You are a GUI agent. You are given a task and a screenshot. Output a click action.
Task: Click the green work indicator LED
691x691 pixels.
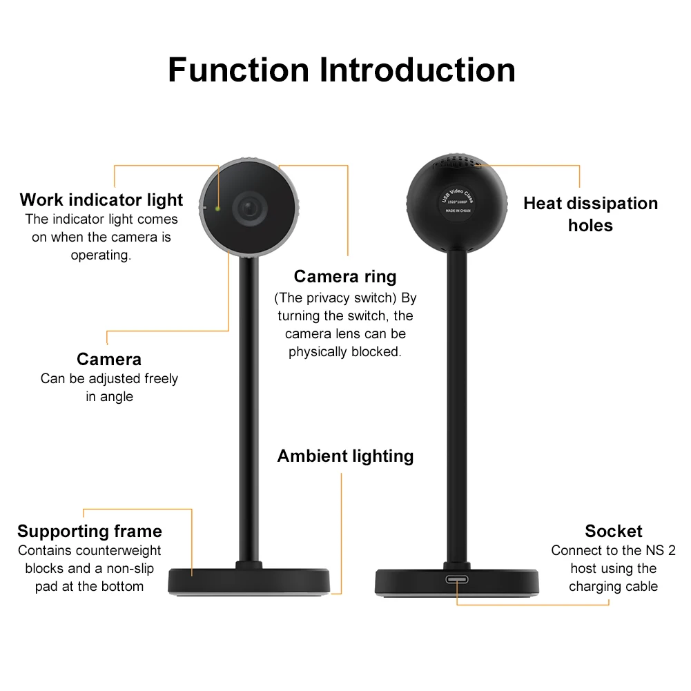217,208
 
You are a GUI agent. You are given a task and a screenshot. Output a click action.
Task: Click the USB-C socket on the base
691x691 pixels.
457,578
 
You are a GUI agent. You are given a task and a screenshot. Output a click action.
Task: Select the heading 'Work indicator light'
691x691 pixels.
101,200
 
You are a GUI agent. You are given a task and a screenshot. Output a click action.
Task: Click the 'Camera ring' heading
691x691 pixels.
345,277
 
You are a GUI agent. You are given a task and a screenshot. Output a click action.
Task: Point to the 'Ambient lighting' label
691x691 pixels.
345,456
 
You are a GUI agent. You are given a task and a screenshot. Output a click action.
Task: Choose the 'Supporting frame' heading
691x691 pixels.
90,532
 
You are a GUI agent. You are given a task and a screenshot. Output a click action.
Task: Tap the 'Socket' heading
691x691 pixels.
613,532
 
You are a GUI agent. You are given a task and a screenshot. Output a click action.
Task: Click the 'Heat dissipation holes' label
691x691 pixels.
590,214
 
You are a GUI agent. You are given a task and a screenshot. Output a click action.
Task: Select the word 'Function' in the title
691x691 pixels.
238,70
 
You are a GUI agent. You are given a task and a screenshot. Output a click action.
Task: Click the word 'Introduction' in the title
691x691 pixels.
417,70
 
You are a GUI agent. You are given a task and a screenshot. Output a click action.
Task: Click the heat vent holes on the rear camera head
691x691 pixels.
456,164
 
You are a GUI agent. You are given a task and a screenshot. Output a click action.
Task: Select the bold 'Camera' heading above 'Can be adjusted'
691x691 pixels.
109,360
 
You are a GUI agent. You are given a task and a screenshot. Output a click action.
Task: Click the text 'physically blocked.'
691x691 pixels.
345,352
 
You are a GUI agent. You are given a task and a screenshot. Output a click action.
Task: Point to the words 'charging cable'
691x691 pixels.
613,587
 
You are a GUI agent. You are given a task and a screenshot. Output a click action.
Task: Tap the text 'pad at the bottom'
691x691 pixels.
90,587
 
